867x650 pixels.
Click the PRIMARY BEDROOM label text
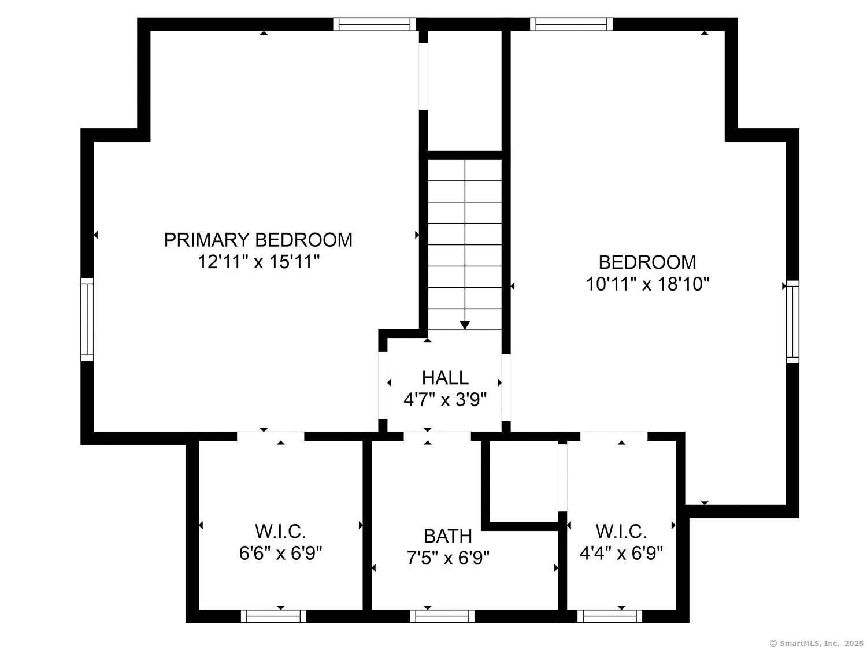click(x=258, y=240)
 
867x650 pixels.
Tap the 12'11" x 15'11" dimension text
click(x=258, y=261)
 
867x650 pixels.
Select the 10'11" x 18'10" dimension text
click(x=647, y=284)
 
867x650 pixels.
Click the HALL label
click(x=445, y=378)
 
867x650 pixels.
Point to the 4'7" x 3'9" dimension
click(x=444, y=400)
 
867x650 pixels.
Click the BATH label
click(x=448, y=536)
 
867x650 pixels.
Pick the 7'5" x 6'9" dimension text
click(x=448, y=558)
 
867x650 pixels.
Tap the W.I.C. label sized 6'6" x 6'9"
click(x=280, y=531)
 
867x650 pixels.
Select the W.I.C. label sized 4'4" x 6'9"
click(x=621, y=531)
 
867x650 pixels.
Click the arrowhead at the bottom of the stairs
click(x=465, y=325)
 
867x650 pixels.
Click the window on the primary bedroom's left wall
click(x=87, y=319)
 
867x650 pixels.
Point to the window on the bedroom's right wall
click(x=792, y=322)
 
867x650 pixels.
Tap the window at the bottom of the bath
click(x=442, y=616)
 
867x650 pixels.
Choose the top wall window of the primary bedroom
click(x=375, y=24)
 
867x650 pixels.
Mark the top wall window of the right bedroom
click(x=571, y=24)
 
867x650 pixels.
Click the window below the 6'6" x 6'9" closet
click(x=273, y=616)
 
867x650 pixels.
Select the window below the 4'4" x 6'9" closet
click(x=609, y=616)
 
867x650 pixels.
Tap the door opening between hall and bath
click(x=437, y=436)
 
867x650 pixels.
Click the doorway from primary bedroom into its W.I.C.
click(x=271, y=436)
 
